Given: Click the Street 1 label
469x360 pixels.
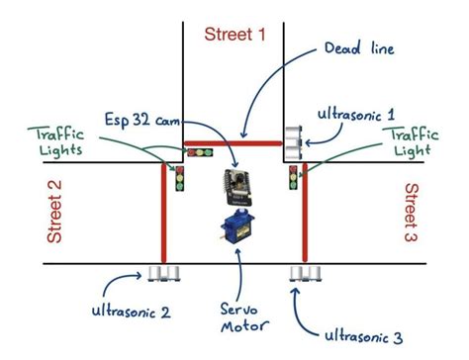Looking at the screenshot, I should [234, 35].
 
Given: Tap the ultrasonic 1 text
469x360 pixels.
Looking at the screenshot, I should [356, 115].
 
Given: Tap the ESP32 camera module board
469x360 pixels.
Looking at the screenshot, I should [236, 184].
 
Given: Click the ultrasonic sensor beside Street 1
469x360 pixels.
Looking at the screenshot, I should [293, 142].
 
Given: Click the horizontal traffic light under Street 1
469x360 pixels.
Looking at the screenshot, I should [202, 152].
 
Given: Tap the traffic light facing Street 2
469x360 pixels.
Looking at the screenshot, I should [180, 180].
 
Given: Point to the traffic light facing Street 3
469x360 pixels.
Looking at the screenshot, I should [293, 179].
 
